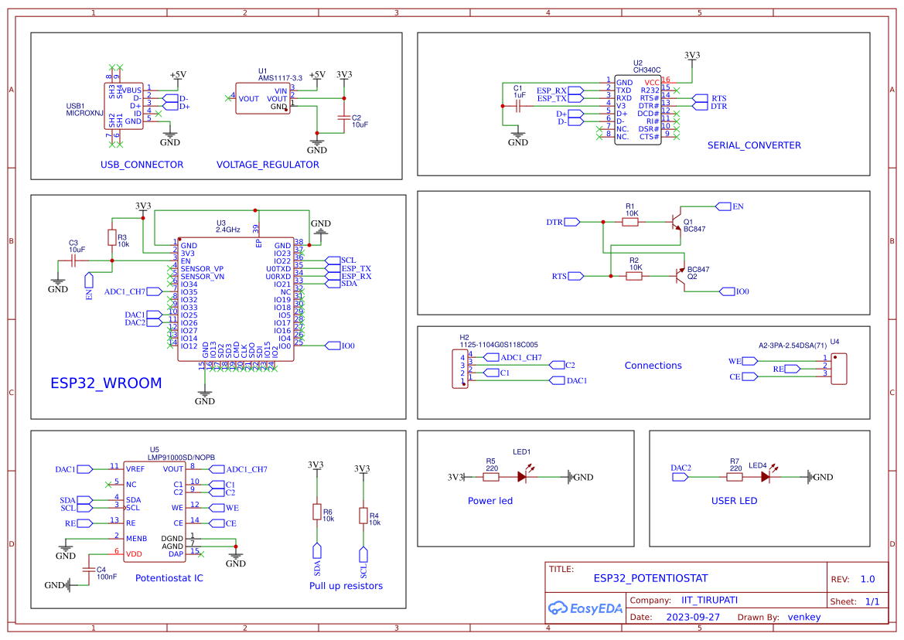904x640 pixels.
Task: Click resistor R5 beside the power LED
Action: point(492,477)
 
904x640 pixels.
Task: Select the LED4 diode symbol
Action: point(765,477)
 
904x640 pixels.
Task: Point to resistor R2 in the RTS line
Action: point(634,276)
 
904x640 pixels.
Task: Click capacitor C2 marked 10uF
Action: point(345,117)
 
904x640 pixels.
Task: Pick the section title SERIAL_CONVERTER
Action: point(754,145)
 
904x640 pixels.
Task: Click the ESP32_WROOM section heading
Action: point(106,383)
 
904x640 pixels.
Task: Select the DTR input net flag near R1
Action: point(572,222)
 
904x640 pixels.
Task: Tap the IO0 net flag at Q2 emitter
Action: point(727,291)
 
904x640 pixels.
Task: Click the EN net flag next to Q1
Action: point(724,206)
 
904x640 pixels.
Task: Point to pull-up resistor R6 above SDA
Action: point(316,512)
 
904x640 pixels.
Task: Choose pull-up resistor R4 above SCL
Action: point(363,516)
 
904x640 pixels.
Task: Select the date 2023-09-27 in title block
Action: point(693,617)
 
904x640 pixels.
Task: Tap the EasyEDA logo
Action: point(585,608)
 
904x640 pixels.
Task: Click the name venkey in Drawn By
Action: point(803,617)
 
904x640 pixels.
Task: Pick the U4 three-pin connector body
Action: point(840,369)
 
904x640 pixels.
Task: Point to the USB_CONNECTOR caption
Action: point(142,165)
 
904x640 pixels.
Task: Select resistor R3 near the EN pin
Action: point(112,237)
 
